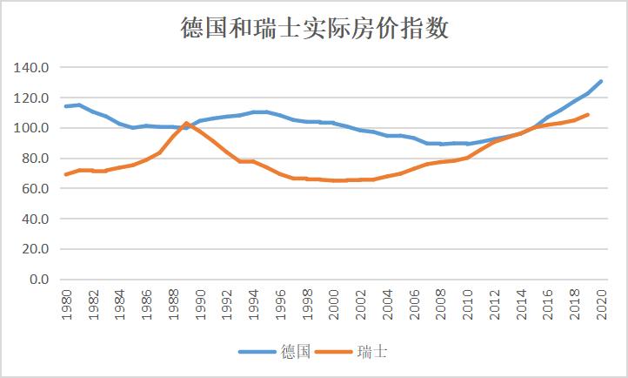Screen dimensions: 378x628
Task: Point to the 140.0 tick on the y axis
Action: coord(31,68)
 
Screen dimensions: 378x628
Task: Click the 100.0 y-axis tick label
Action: coord(31,128)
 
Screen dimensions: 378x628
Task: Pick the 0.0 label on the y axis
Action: coord(38,280)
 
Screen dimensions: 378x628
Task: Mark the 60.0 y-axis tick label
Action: coord(35,189)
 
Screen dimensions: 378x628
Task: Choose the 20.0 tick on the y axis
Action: coord(35,249)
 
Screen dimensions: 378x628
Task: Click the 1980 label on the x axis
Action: coord(66,307)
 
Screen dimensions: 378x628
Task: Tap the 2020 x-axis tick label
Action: coord(601,307)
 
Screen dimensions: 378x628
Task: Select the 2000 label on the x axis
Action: coord(333,307)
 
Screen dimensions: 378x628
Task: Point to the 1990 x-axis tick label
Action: coord(199,307)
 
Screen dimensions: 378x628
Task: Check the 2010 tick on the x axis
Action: coord(467,307)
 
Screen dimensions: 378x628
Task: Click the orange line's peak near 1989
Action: coord(186,124)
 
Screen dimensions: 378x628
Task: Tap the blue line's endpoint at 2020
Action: coord(601,81)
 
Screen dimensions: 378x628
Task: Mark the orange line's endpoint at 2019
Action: coord(588,115)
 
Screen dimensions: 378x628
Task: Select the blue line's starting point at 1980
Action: coord(66,106)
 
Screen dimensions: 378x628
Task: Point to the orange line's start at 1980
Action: coord(66,174)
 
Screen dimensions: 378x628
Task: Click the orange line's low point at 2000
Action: coord(333,180)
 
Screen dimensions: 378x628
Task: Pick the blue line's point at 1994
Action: coord(253,112)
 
